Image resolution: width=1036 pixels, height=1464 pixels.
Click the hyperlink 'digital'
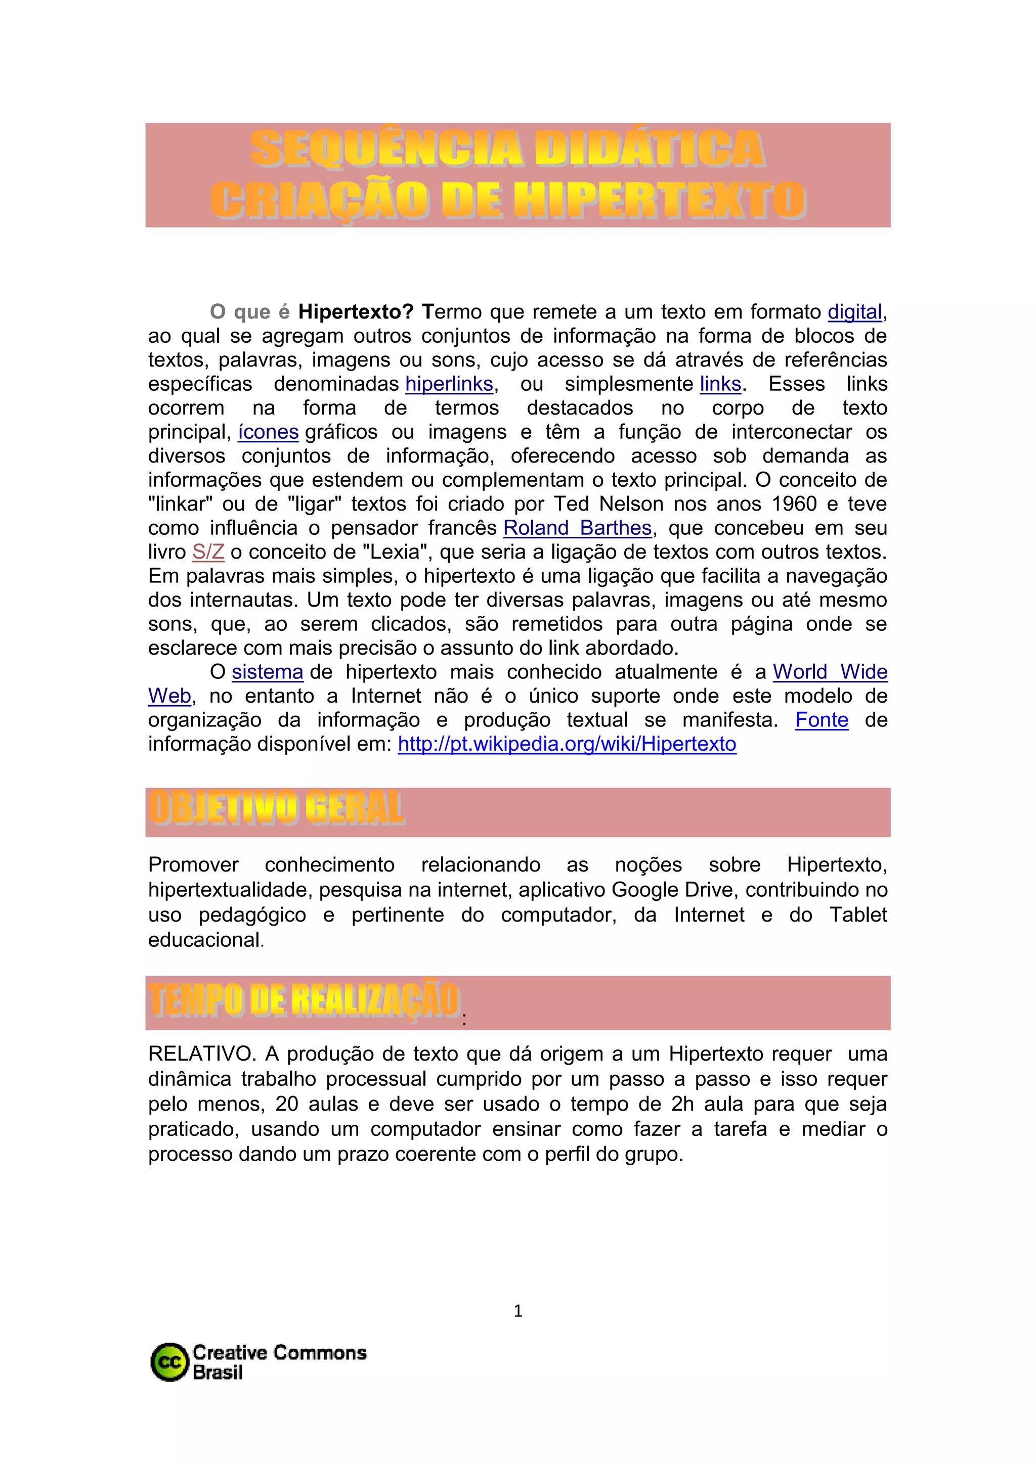854,312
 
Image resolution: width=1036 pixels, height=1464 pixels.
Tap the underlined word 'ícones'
268,432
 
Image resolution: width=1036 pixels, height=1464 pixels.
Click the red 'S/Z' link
208,552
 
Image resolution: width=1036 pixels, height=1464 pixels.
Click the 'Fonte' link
822,720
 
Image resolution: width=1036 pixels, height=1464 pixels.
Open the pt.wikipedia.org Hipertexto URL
567,744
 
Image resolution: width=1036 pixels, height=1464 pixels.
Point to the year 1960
794,505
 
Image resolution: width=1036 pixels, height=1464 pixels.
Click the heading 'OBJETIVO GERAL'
276,808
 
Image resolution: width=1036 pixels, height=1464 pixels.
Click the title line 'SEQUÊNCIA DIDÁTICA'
508,149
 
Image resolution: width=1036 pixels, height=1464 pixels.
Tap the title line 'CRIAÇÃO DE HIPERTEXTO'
508,200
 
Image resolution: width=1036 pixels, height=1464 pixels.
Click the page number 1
518,1311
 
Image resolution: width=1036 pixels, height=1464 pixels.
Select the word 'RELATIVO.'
202,1054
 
